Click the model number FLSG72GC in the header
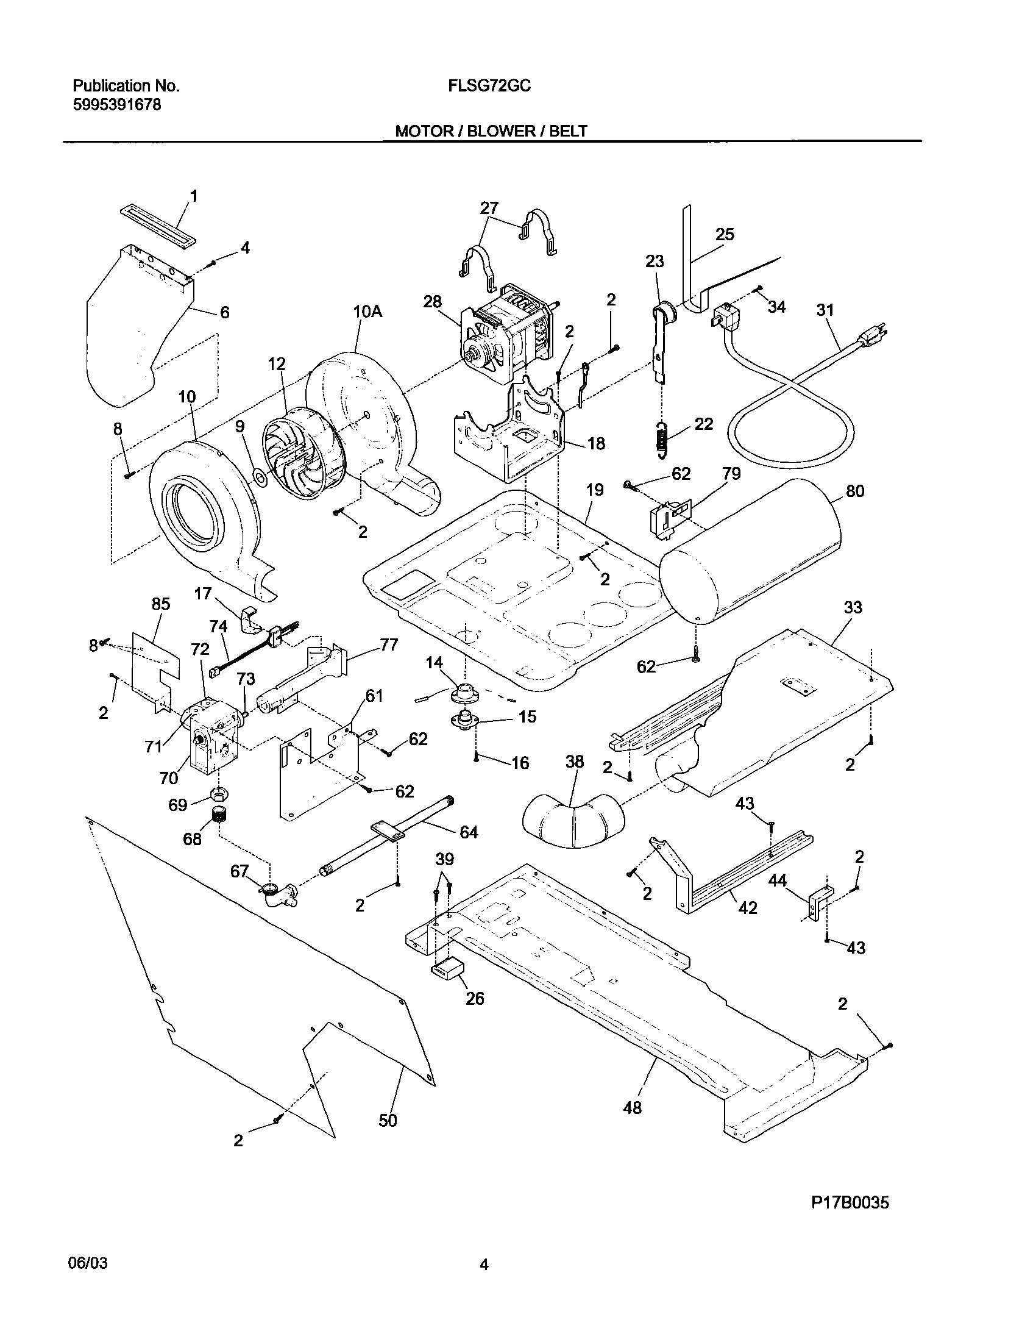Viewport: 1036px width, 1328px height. [x=489, y=86]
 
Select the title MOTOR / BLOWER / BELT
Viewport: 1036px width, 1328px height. [x=491, y=130]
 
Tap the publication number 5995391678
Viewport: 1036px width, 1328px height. [x=117, y=105]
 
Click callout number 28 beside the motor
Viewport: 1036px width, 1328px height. [x=432, y=302]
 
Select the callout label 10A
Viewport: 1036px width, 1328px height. [x=367, y=312]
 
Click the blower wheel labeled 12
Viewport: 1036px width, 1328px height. [x=302, y=452]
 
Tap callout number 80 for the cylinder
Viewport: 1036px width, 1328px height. [x=855, y=491]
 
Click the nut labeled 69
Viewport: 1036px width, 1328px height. [x=218, y=793]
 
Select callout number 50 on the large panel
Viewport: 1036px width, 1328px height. [x=388, y=1120]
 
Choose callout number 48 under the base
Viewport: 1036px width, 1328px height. [x=633, y=1107]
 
